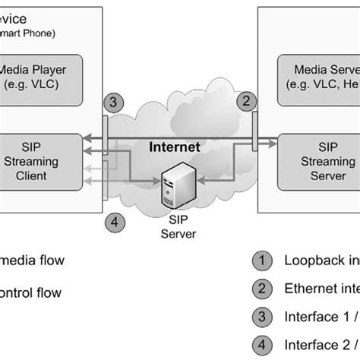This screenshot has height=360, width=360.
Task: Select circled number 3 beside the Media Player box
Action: pyautogui.click(x=111, y=102)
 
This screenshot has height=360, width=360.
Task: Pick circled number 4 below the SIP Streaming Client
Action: pyautogui.click(x=112, y=223)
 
